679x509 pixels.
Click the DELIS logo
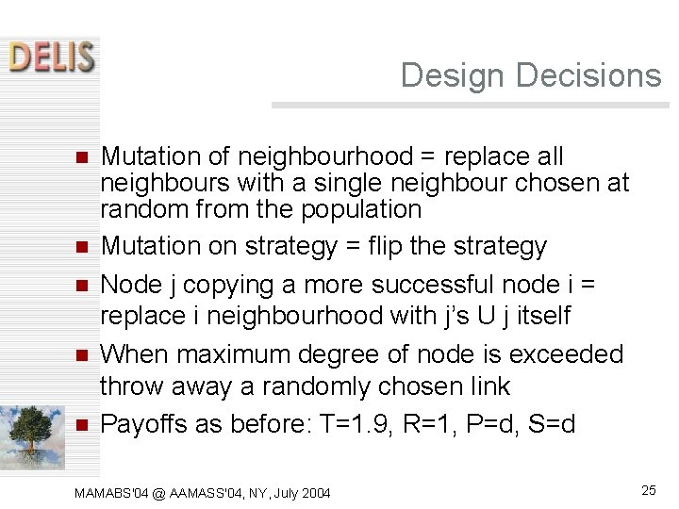(x=53, y=57)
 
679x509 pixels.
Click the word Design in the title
(x=443, y=75)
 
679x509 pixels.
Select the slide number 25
(x=648, y=489)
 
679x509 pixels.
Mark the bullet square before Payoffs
(x=81, y=425)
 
